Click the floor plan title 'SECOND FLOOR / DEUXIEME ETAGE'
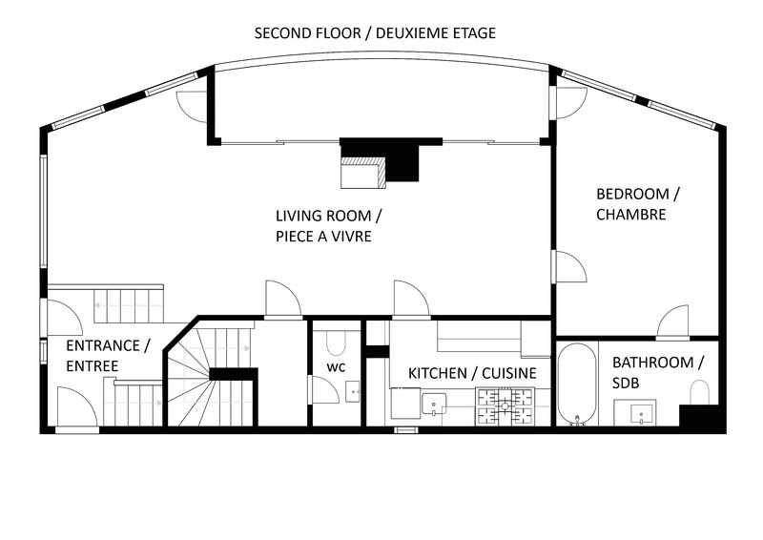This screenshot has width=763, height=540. tap(375, 33)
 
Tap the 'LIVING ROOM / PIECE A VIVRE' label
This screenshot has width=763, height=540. tap(329, 225)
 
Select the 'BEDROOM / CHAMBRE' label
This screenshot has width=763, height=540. tap(638, 204)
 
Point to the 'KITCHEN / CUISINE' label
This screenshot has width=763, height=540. tap(472, 373)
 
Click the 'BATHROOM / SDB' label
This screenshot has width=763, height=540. tap(658, 372)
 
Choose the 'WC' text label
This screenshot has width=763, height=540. tap(336, 367)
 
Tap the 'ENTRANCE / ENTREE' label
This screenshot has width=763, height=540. tap(109, 356)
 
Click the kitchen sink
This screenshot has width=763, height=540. tap(434, 404)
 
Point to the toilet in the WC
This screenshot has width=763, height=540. tap(336, 343)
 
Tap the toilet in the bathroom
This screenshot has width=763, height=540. tap(700, 392)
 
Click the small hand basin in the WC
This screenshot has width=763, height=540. tap(352, 391)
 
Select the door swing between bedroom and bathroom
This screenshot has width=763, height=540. tap(672, 322)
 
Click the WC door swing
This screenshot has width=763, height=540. tap(325, 390)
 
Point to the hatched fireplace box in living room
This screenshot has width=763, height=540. tap(363, 172)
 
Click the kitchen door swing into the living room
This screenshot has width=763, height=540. tap(412, 299)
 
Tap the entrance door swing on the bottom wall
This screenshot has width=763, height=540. tap(76, 407)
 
